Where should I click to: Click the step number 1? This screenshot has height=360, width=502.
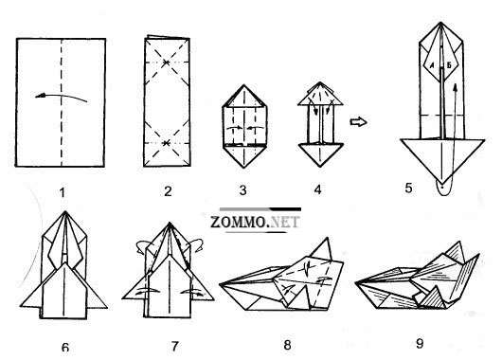click(63, 192)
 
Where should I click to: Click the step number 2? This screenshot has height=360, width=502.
click(168, 191)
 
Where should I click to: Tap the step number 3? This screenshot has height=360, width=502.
click(243, 190)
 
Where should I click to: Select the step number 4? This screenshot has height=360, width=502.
click(317, 189)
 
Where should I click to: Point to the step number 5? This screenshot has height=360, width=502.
click(408, 188)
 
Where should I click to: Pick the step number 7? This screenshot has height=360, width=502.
click(174, 346)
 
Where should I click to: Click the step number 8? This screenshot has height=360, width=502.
click(287, 345)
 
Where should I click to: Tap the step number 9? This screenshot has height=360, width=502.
click(420, 343)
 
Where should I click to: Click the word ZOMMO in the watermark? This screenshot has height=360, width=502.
click(239, 222)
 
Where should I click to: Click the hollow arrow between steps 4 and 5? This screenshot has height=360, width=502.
click(358, 121)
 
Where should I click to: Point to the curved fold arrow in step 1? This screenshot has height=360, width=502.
click(61, 96)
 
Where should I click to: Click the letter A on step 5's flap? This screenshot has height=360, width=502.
click(432, 66)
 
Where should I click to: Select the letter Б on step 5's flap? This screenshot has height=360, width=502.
click(449, 65)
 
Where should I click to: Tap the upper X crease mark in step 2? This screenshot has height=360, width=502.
click(166, 62)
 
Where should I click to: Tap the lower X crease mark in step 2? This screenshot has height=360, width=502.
click(166, 143)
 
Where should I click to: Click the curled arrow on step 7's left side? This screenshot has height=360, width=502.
click(142, 246)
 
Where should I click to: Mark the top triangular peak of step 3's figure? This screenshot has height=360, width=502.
click(244, 96)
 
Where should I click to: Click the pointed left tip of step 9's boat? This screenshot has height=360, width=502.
click(356, 282)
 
